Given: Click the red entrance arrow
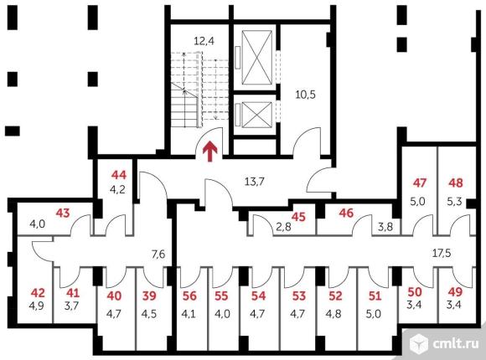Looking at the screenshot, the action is click(x=210, y=152).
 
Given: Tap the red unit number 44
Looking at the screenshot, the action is click(x=119, y=175).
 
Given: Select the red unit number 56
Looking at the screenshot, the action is click(x=189, y=296).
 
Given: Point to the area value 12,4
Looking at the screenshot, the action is click(x=204, y=41).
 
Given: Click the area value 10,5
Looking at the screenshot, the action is click(x=305, y=94).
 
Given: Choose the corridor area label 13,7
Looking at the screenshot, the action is click(x=255, y=181).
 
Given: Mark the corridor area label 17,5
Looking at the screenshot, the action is click(x=442, y=253).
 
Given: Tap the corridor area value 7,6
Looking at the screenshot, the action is click(x=158, y=255).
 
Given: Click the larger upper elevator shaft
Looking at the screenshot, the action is click(x=256, y=57).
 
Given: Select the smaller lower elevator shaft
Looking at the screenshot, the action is click(x=256, y=115).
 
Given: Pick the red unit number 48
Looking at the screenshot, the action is click(x=456, y=183).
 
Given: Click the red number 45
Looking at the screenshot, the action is click(x=298, y=217).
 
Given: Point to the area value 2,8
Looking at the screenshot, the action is click(x=283, y=227).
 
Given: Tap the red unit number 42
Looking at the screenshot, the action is click(x=38, y=293).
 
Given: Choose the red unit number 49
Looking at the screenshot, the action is click(x=455, y=292).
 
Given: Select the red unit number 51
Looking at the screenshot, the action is click(x=375, y=296).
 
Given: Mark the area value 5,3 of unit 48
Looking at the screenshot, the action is click(x=454, y=202).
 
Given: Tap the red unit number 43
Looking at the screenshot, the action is click(x=63, y=213).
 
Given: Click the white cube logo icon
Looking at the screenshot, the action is click(x=419, y=343).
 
